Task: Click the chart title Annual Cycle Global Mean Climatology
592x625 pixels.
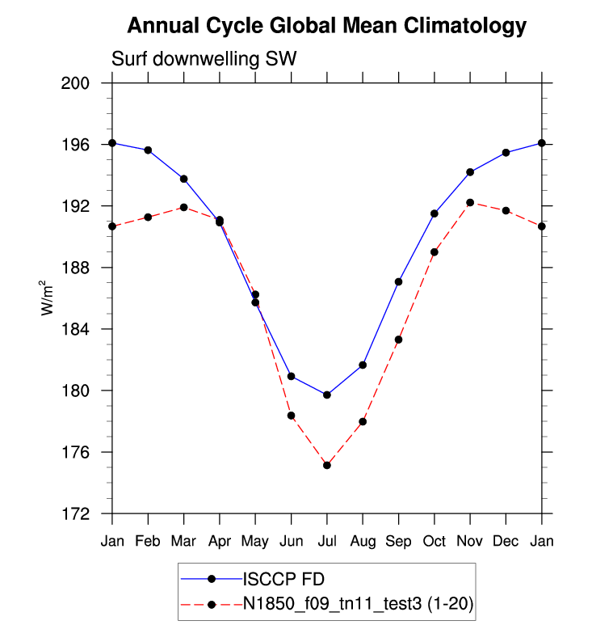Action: click(326, 27)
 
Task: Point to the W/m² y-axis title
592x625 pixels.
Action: click(49, 298)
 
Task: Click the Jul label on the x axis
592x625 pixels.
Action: click(326, 541)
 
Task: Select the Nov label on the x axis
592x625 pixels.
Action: click(470, 541)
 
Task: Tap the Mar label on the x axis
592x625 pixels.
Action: click(183, 541)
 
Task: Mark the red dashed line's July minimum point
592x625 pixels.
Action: click(327, 465)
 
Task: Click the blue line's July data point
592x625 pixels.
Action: click(327, 395)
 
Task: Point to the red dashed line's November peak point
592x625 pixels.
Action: click(470, 203)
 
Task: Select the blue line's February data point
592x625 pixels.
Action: click(148, 150)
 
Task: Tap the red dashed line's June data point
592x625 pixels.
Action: click(291, 416)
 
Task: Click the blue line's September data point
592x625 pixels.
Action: click(398, 281)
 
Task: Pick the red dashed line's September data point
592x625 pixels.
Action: click(398, 340)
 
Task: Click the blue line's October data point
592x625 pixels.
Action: click(435, 213)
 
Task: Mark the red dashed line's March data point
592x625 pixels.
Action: click(183, 207)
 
